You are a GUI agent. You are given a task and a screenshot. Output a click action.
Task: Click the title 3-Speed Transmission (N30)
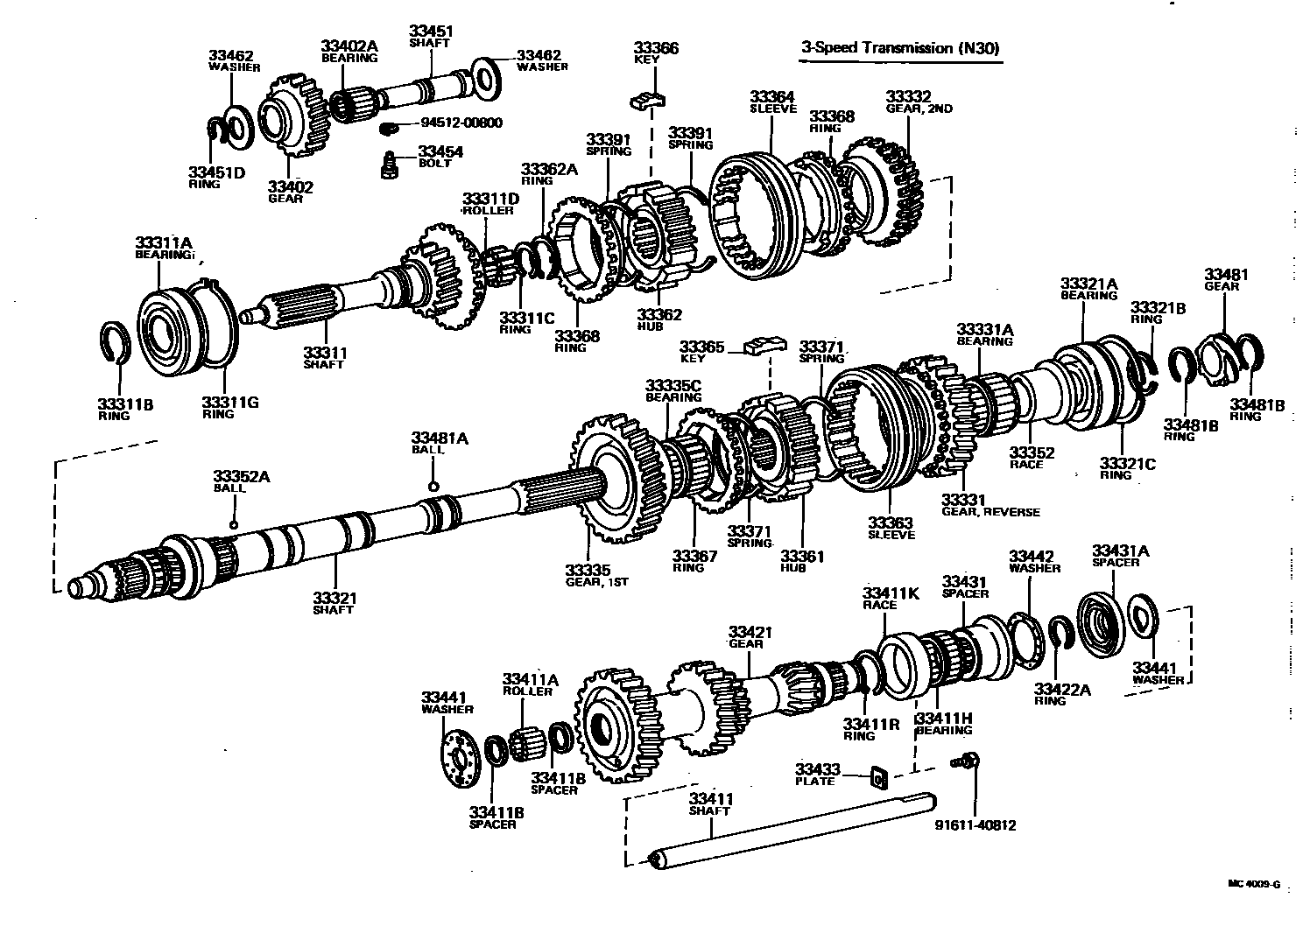point(899,48)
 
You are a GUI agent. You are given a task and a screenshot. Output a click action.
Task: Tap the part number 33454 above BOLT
point(440,151)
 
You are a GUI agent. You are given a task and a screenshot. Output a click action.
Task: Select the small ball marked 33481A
point(433,487)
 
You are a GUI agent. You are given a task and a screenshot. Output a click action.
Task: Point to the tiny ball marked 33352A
point(234,524)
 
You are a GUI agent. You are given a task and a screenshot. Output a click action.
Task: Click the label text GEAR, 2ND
point(919,109)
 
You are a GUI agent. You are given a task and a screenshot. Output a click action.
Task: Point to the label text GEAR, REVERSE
point(990,512)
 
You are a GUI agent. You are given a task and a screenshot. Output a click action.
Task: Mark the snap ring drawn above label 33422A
point(1062,637)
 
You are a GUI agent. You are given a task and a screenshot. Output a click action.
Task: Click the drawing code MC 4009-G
point(1255,884)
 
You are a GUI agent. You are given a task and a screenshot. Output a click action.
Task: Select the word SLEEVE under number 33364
point(773,109)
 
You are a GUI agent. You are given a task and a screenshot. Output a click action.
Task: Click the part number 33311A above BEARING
point(164,242)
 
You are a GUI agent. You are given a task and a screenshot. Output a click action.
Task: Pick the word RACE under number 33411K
point(879,605)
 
